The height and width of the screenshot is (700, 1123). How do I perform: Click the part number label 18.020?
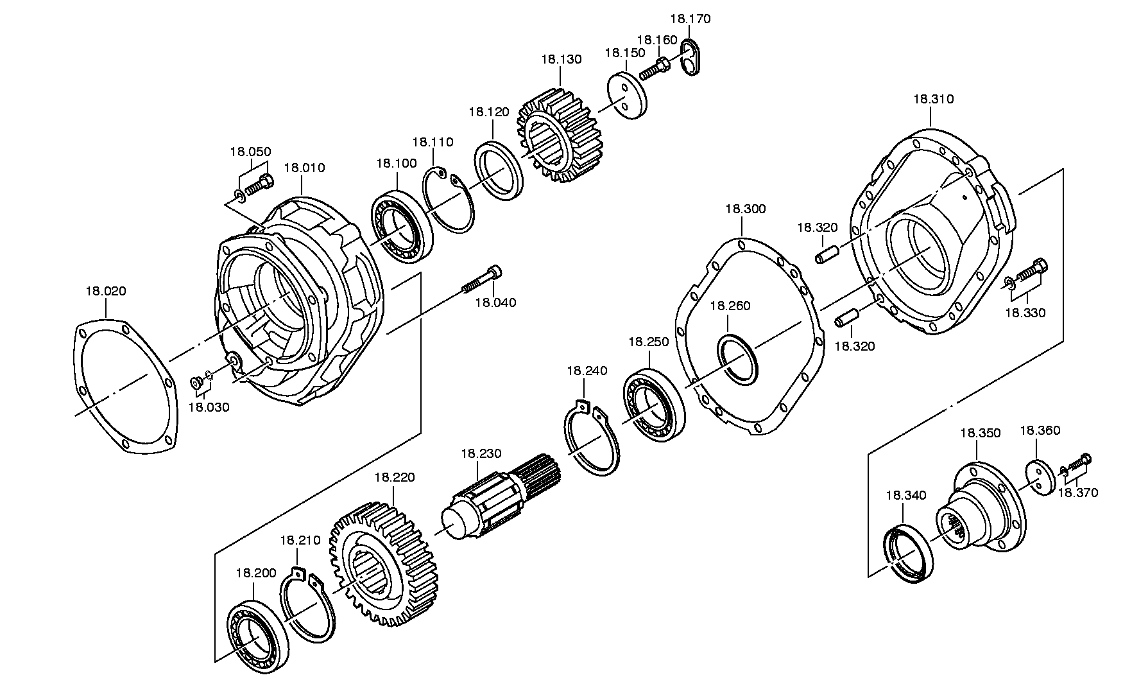(106, 291)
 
